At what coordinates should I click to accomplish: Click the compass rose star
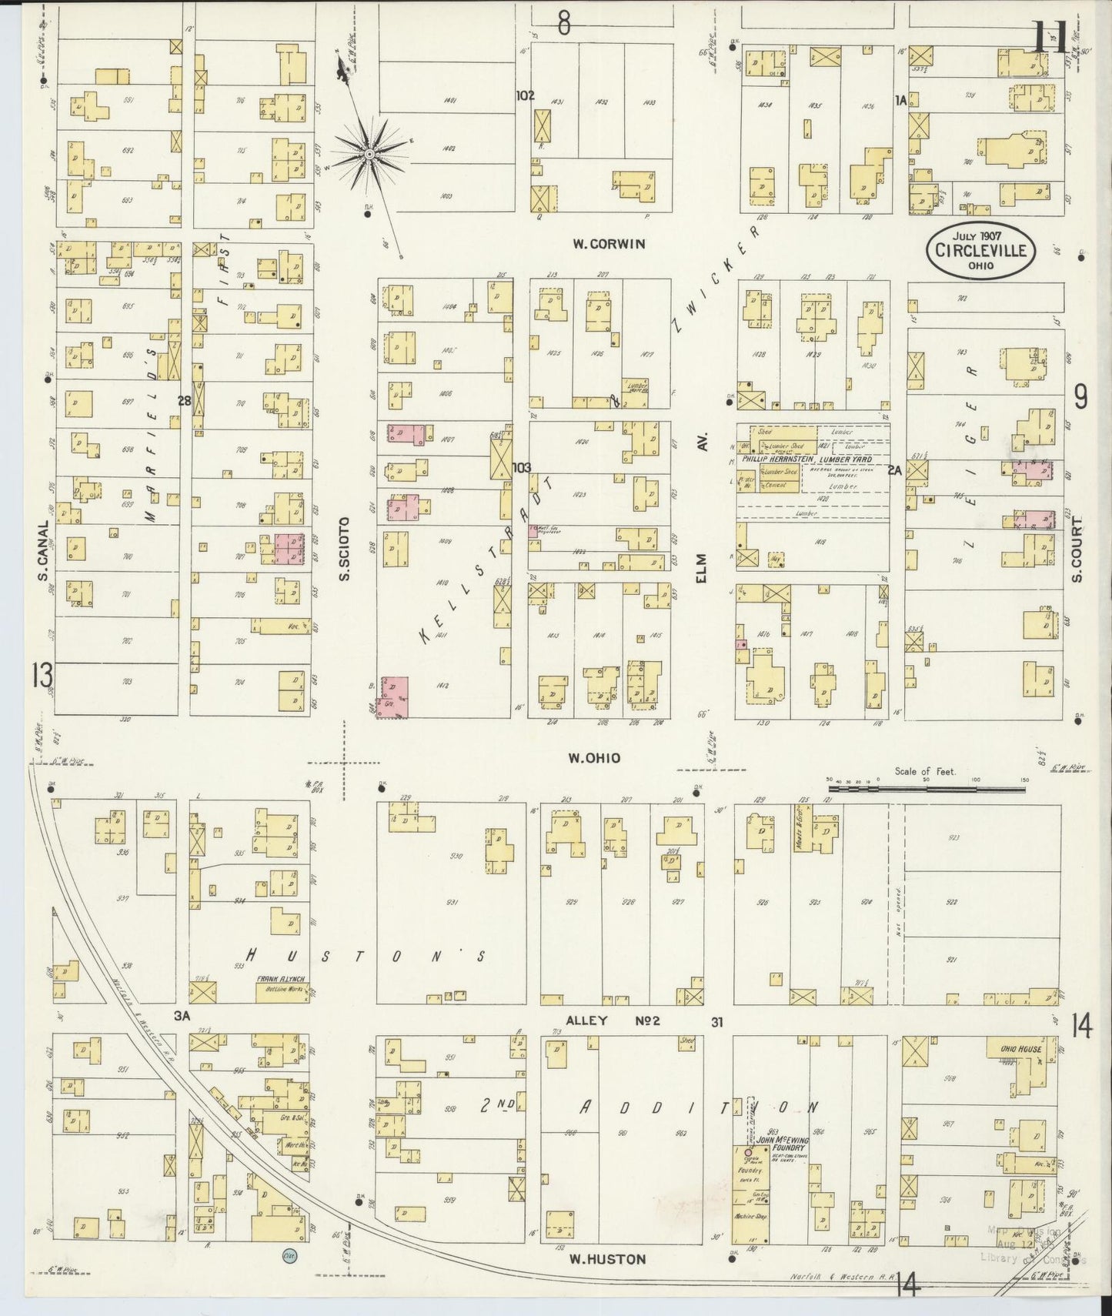[x=369, y=154]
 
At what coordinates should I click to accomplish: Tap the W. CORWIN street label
[x=608, y=244]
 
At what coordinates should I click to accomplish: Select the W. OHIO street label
[x=594, y=758]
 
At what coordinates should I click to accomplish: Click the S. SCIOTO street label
[x=345, y=548]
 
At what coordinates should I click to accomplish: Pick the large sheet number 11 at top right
[x=1048, y=37]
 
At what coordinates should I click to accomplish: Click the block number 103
[x=522, y=467]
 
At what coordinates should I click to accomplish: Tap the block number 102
[x=525, y=96]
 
